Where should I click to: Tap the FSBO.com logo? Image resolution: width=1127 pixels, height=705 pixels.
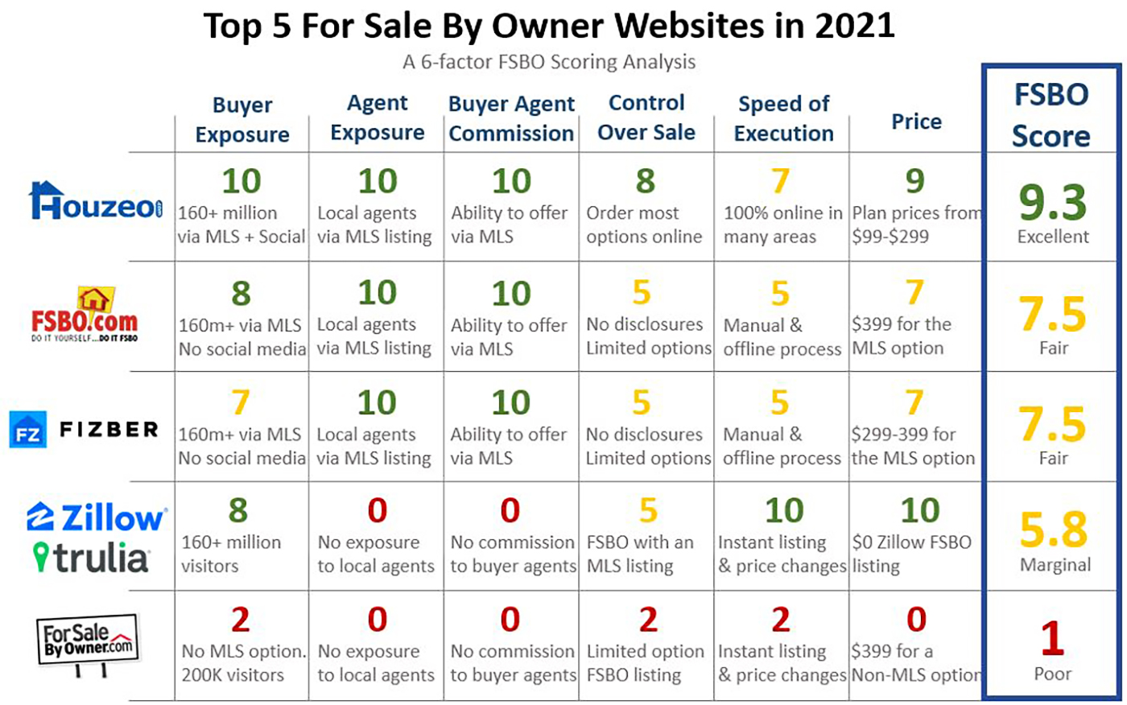click(85, 315)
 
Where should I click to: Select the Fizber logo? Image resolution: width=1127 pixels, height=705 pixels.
click(85, 430)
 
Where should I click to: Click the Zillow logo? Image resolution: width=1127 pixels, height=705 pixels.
click(97, 517)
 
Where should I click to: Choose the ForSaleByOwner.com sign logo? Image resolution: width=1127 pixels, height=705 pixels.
click(87, 642)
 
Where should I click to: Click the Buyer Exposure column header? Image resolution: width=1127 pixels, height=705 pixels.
click(242, 119)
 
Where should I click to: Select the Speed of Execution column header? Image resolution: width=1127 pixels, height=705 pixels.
click(783, 118)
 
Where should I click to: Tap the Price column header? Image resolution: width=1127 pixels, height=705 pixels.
click(916, 122)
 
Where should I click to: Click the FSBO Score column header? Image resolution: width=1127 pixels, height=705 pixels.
click(1051, 115)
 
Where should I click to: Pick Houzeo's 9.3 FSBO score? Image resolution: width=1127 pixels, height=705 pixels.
click(1052, 202)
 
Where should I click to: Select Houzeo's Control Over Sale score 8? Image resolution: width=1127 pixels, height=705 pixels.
click(645, 181)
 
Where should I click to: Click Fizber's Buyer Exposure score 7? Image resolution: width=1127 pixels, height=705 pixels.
click(240, 402)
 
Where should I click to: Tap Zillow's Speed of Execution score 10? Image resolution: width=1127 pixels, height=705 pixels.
click(783, 511)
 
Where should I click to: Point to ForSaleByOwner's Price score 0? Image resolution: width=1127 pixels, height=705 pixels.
click(916, 620)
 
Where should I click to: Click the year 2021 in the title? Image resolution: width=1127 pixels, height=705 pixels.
click(853, 26)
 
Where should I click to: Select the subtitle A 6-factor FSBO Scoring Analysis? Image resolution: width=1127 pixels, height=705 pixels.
click(549, 62)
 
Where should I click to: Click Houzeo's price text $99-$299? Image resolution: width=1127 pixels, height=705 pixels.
click(890, 237)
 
